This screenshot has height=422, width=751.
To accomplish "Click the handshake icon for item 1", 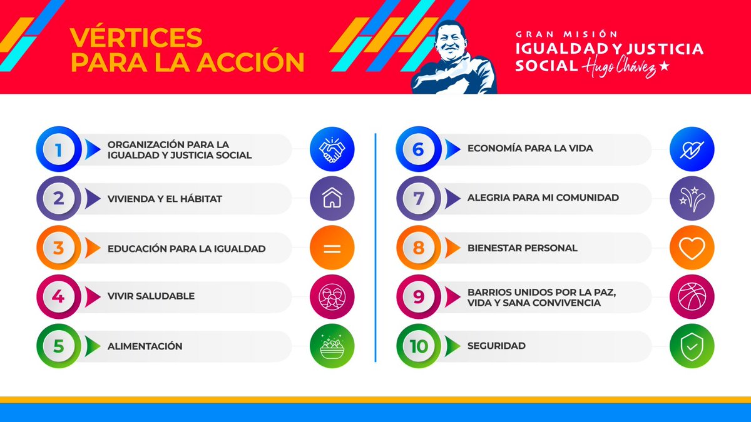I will click(332, 149).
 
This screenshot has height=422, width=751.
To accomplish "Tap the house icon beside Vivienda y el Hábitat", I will click(332, 198).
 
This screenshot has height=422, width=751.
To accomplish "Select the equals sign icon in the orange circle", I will click(332, 248).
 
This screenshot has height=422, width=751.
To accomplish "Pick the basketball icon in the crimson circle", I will click(692, 296).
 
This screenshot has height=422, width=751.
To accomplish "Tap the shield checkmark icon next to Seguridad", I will click(692, 346).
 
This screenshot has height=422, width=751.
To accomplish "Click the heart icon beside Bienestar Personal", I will click(692, 248).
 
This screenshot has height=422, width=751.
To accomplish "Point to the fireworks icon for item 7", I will click(692, 198).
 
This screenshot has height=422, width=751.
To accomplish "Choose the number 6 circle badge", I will click(419, 149).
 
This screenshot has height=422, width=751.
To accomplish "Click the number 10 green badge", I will click(419, 346).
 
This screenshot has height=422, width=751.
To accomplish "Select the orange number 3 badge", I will click(59, 248).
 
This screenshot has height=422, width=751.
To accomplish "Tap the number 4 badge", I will click(59, 296).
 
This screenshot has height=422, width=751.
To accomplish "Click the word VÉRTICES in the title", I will click(136, 38).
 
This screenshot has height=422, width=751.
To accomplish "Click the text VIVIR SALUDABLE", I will click(151, 296).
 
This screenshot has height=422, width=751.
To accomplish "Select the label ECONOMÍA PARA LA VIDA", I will click(530, 149).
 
